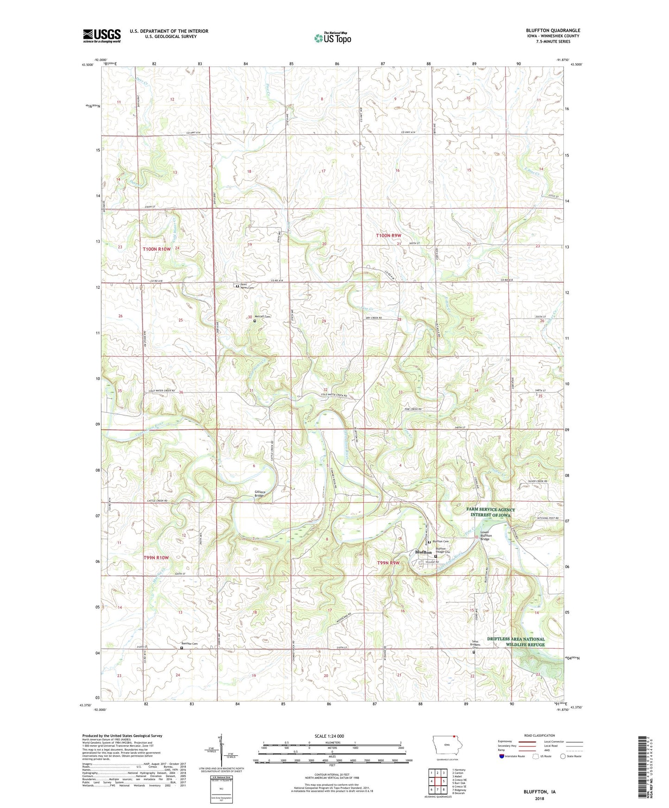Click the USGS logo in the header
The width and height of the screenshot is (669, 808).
point(102,36)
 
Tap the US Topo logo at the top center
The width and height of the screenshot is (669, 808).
point(331,38)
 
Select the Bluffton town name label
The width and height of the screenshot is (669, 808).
point(424,552)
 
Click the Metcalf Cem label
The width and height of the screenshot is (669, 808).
point(263,317)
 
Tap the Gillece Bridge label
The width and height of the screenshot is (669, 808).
point(259,494)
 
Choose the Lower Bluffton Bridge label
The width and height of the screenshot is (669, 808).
point(491,535)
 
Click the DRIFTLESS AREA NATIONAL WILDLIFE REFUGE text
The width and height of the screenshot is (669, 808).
point(516,641)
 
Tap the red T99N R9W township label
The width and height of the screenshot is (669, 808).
point(388,562)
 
